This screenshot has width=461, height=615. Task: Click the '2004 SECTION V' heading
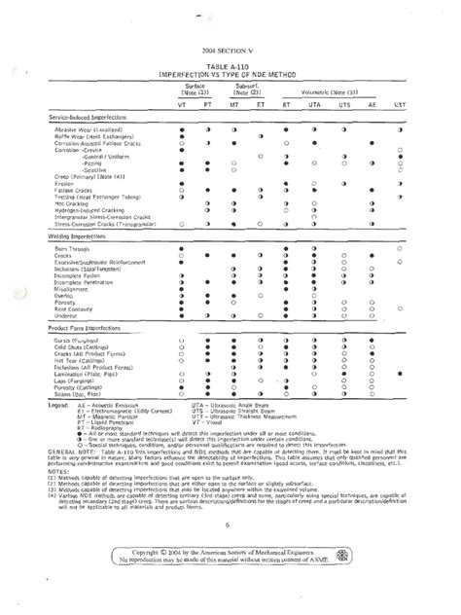pos(230,48)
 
